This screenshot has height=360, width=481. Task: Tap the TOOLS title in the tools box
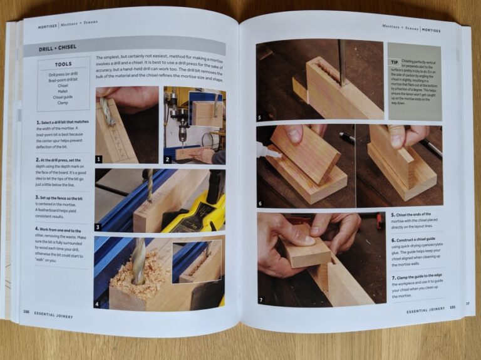(63, 64)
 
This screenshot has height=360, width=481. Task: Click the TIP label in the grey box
(394, 62)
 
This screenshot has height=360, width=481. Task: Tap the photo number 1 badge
(99, 159)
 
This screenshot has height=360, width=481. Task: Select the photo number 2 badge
(167, 159)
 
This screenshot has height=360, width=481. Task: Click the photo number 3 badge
(98, 227)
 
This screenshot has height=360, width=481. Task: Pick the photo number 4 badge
(97, 305)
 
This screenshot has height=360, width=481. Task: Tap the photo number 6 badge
(260, 203)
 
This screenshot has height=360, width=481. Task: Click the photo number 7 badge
(261, 299)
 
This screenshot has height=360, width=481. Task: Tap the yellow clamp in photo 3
(191, 210)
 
